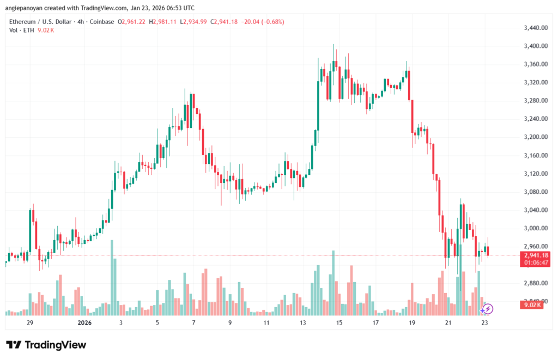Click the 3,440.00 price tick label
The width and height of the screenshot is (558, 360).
[x=535, y=28]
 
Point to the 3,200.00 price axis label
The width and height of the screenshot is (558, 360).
[x=535, y=137]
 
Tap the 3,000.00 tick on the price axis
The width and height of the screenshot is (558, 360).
[x=535, y=228]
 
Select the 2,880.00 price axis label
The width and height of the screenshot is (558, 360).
[x=535, y=283]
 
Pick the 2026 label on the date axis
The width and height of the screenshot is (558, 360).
[x=84, y=323]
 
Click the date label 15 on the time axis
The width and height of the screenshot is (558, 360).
[x=339, y=323]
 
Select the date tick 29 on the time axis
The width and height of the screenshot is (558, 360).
[x=30, y=323]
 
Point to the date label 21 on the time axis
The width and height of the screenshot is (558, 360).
[x=448, y=323]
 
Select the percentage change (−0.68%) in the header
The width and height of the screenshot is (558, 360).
[x=270, y=22]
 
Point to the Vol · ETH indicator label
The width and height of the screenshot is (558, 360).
[x=21, y=30]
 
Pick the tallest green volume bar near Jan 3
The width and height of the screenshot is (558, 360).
[x=112, y=277]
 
